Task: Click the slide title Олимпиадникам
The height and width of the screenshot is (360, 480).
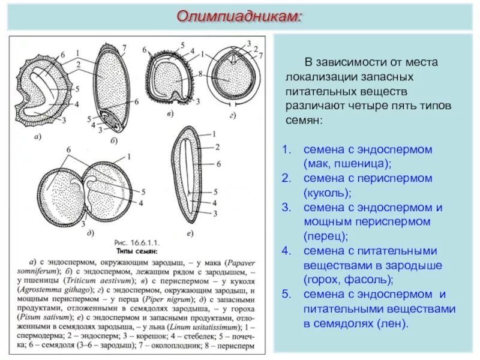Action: [239, 16]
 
